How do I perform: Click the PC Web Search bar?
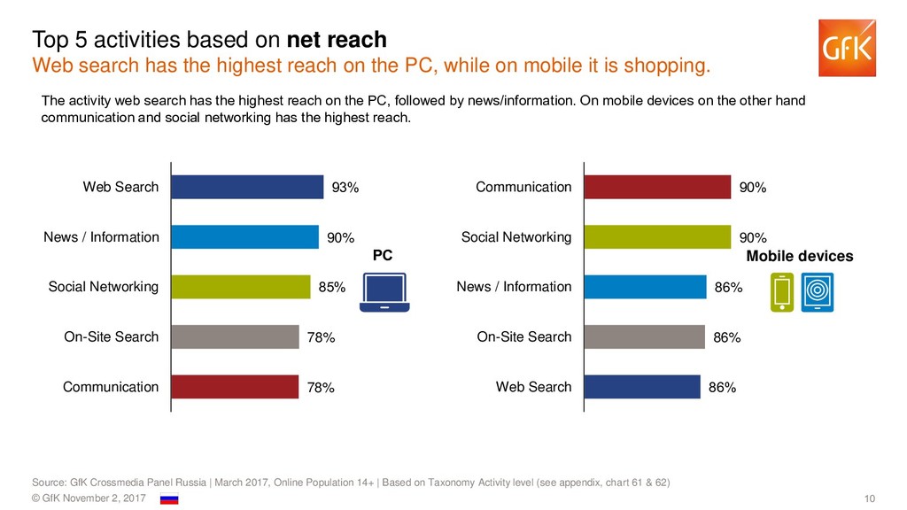[247, 187]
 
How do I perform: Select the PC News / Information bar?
[244, 237]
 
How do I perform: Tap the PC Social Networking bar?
[240, 287]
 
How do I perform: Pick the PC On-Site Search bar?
[235, 336]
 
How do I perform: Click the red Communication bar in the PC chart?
[235, 387]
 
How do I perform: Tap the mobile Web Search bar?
[642, 387]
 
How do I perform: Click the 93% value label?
[345, 188]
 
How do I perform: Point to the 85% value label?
[331, 287]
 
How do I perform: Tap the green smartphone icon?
[782, 293]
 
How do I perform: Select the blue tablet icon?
[817, 293]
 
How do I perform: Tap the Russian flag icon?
[169, 499]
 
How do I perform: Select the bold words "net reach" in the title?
[337, 40]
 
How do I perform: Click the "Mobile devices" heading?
[800, 257]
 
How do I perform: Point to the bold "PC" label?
[382, 255]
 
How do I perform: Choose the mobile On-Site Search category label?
[524, 336]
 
